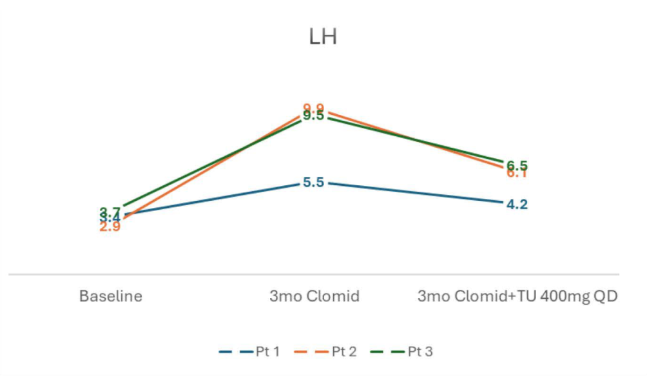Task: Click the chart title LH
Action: tap(323, 37)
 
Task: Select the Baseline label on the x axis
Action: tap(111, 296)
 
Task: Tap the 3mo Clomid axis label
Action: tap(314, 296)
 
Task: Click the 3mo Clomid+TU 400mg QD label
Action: tap(517, 296)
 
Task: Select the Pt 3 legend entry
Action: tap(412, 352)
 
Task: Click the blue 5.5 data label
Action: tap(313, 183)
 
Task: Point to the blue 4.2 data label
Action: tap(517, 205)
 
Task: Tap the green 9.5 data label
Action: tap(313, 116)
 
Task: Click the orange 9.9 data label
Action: tap(313, 108)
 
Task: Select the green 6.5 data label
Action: tap(517, 165)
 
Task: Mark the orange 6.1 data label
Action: tap(517, 174)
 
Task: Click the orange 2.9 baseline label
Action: tap(110, 227)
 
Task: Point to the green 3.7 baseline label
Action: tap(110, 211)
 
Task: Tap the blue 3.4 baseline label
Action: tap(110, 219)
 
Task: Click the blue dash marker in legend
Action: tap(233, 352)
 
